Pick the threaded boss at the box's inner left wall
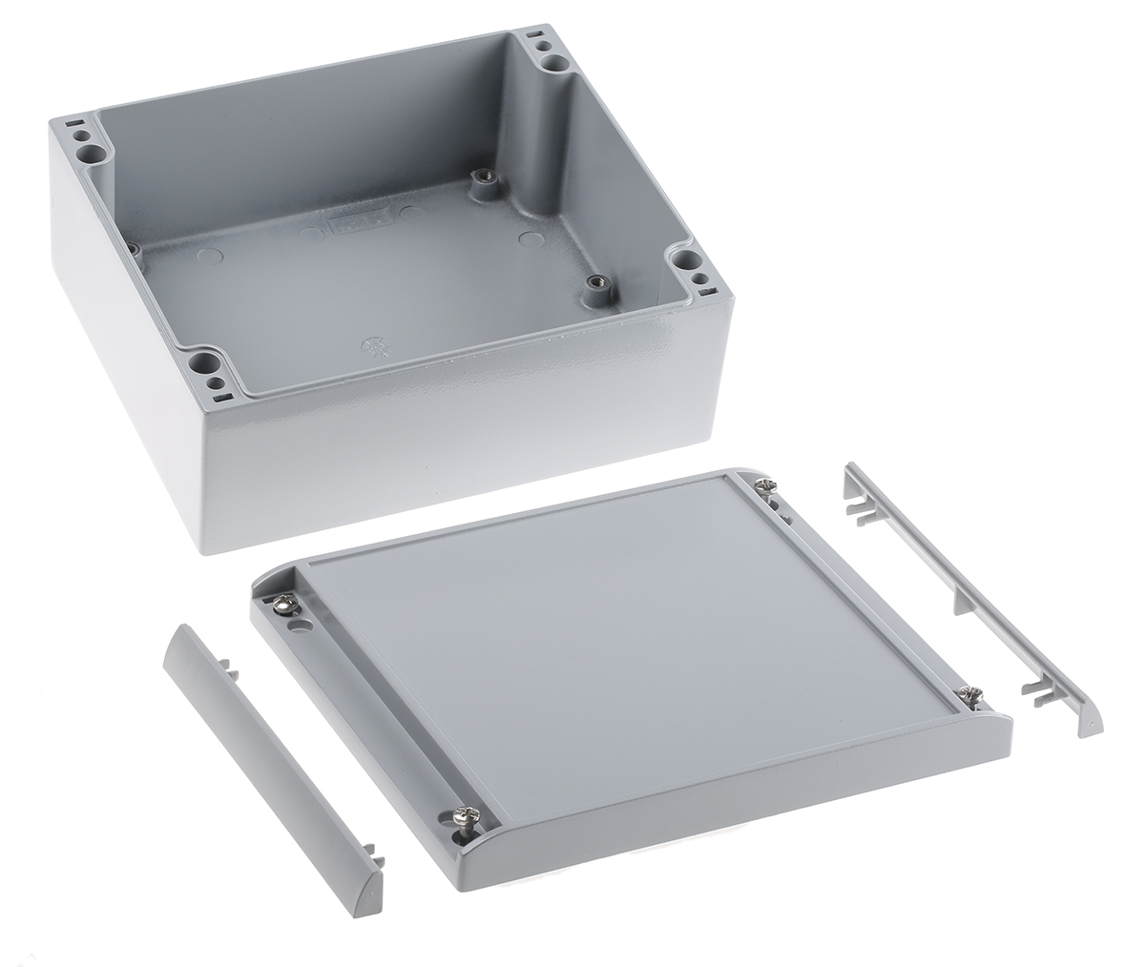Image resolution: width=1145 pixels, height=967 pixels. tap(134, 250)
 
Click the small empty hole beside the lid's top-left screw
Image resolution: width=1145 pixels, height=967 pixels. tap(302, 627)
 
